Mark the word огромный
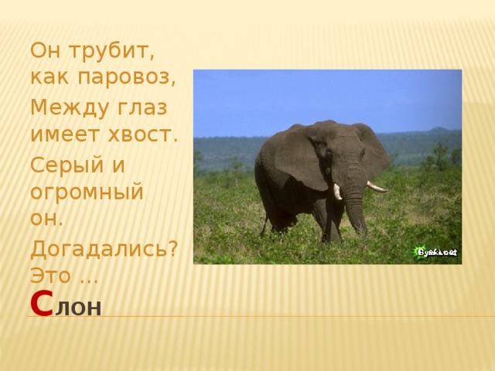[87, 192]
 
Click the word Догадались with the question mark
[104, 249]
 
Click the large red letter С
[41, 304]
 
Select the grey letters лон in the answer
[78, 308]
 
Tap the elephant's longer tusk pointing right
[377, 186]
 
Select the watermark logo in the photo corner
[436, 252]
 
